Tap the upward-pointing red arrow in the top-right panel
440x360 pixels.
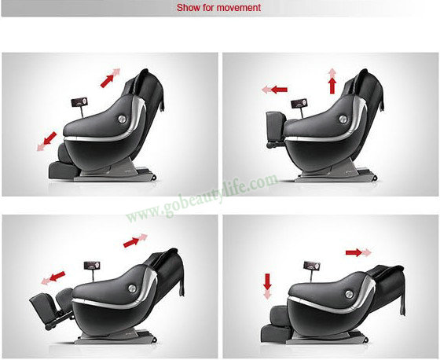[332, 81]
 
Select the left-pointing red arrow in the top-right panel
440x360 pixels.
[275, 90]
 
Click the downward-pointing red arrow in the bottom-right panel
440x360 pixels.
[267, 286]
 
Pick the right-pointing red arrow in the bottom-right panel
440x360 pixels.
[358, 252]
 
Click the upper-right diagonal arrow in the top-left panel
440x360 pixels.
[110, 78]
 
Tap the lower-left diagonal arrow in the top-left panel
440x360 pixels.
[47, 141]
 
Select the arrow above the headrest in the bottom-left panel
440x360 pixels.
[135, 241]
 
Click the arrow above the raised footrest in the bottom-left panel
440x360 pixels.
[53, 278]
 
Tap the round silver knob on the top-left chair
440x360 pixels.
[122, 119]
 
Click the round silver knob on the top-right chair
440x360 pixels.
[343, 119]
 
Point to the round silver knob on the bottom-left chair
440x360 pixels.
[132, 288]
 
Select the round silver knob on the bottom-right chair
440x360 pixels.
[349, 294]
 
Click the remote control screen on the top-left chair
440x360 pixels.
[79, 102]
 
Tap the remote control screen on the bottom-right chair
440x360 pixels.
[311, 266]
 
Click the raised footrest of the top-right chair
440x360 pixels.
[276, 127]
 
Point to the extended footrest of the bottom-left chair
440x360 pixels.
[41, 309]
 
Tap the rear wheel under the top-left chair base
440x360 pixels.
[153, 177]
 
